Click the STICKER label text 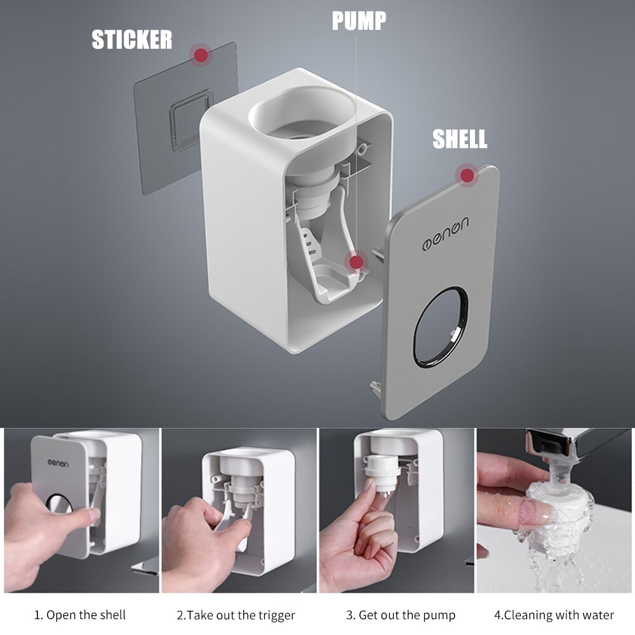(x=131, y=39)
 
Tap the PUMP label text (x=359, y=20)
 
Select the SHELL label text (x=460, y=139)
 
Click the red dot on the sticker (x=201, y=55)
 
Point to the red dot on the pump (x=356, y=261)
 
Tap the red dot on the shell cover (x=467, y=175)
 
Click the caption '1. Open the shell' (x=80, y=615)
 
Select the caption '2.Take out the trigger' (x=236, y=615)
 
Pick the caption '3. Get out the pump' (x=400, y=615)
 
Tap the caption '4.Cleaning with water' (x=554, y=615)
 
